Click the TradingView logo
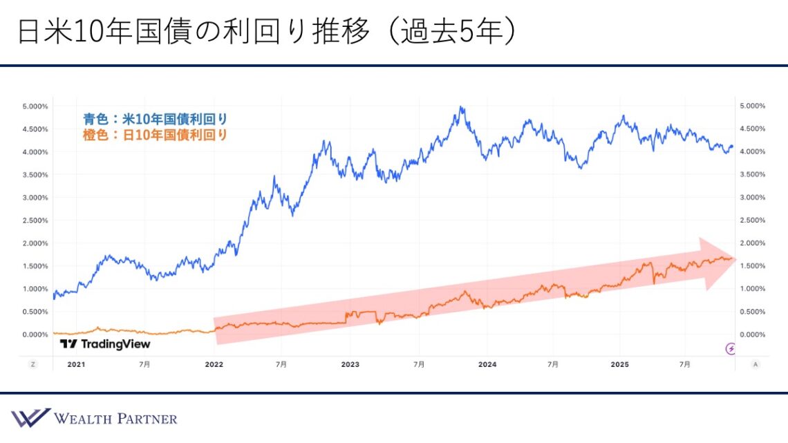[104, 343]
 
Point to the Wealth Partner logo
[94, 418]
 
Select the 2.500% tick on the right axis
[752, 220]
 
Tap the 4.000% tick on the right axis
[752, 151]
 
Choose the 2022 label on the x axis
[214, 364]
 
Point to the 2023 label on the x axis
[350, 364]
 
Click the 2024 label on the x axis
[487, 364]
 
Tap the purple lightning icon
[731, 348]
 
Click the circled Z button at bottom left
[32, 364]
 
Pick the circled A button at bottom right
[755, 364]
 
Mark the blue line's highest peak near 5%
[461, 107]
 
